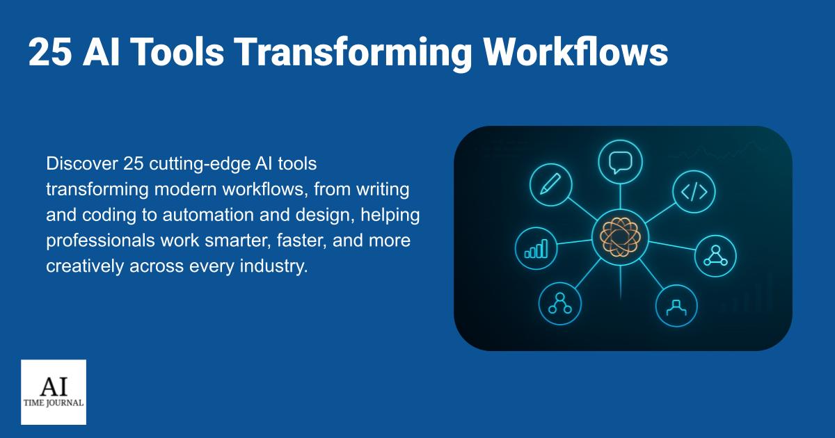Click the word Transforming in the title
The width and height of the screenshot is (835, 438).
tap(353, 53)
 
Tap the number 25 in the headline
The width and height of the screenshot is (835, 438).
tap(50, 51)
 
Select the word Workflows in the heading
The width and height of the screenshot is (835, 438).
tap(575, 51)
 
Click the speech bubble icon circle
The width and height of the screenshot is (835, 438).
tap(620, 162)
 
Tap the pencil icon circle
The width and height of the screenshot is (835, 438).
tap(550, 185)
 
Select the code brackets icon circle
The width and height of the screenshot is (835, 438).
tap(694, 192)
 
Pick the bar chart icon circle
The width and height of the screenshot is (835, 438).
tap(536, 248)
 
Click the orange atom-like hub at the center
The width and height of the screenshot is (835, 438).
tap(620, 237)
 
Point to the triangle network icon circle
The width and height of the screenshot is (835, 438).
tap(715, 256)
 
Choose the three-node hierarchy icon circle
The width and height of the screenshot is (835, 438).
tap(560, 304)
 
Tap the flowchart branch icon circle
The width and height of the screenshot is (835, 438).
tap(676, 306)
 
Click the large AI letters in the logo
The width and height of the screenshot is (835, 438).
tap(54, 387)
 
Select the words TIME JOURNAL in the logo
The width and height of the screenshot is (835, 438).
tap(54, 403)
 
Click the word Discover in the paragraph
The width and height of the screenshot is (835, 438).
tap(82, 163)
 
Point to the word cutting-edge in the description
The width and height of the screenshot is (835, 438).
tap(200, 164)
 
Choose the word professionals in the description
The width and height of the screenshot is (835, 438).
tap(100, 241)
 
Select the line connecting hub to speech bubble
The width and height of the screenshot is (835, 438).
tap(620, 196)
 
